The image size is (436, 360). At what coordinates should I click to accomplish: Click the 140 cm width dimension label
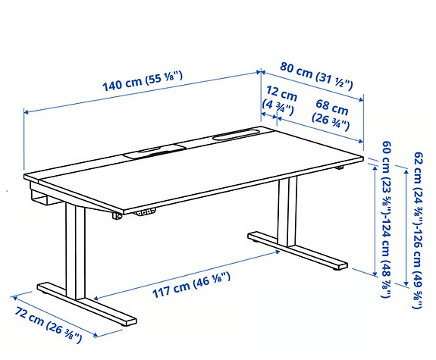[144, 80]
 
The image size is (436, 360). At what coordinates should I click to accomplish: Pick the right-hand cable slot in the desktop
[237, 136]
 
